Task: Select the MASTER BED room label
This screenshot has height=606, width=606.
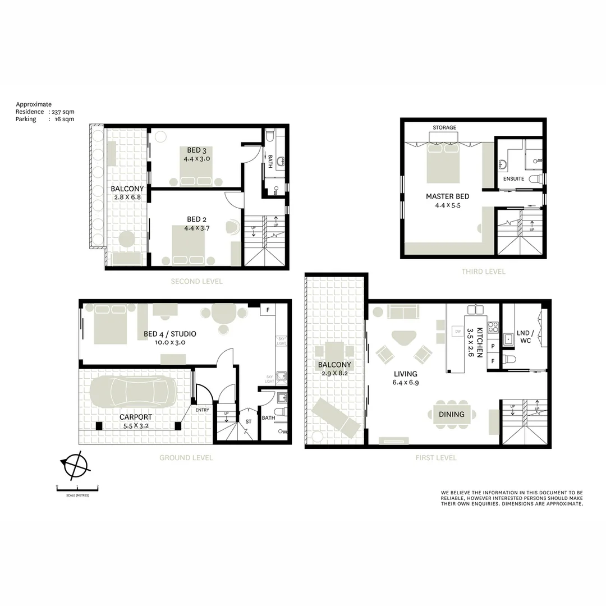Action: [x=447, y=196]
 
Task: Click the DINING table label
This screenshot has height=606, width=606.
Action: [x=452, y=415]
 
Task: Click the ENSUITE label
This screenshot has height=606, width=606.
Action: [x=513, y=179]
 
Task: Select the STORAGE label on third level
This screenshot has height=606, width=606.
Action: [x=444, y=127]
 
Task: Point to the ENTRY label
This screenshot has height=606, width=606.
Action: [x=202, y=410]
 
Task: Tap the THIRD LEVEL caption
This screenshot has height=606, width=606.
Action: [x=483, y=272]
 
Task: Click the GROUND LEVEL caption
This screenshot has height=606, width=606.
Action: [x=186, y=458]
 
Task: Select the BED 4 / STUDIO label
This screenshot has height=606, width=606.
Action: [x=170, y=334]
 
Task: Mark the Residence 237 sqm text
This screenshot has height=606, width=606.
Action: [x=45, y=112]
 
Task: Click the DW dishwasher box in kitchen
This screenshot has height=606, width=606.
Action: [x=456, y=332]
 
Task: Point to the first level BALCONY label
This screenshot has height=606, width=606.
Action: [x=334, y=365]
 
